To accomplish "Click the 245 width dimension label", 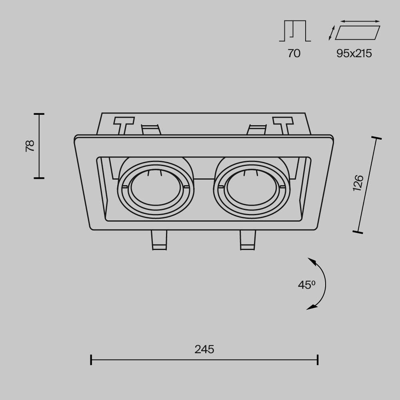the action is [x=204, y=349].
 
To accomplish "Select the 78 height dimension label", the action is [x=30, y=146].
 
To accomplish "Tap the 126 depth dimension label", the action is [x=358, y=183].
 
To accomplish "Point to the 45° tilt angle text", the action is [x=307, y=285].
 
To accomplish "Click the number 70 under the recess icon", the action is [x=294, y=53].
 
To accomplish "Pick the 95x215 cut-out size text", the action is [x=354, y=53].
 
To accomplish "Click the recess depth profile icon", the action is [x=295, y=31].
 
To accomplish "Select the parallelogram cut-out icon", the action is [x=358, y=33].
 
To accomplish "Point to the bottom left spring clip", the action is [x=159, y=240].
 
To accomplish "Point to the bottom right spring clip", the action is [x=248, y=240].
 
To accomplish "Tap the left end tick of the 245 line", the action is [x=91, y=360].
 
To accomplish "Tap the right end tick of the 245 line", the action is [x=318, y=360].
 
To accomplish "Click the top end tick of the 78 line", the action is [x=39, y=114].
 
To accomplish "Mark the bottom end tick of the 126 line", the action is [x=358, y=232].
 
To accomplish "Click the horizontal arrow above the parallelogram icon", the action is [x=360, y=21].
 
